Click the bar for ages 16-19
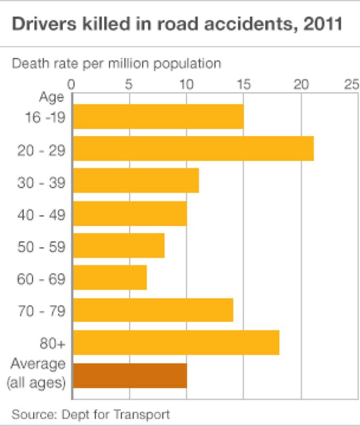157,117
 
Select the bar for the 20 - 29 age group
193,149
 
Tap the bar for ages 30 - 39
136,181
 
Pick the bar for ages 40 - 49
130,214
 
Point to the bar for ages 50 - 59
118,246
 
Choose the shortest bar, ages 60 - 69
110,278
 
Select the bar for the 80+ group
176,343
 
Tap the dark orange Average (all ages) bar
130,376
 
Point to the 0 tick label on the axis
72,84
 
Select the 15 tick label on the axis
243,84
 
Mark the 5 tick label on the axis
129,84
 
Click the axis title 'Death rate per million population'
117,63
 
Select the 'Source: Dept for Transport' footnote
91,414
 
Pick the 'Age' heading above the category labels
51,97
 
